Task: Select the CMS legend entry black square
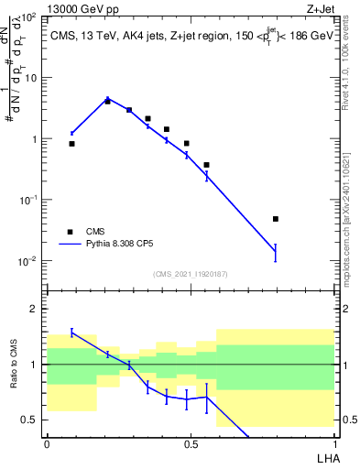(70, 232)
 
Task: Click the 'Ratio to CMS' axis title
(14, 364)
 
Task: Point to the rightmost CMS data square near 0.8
(276, 219)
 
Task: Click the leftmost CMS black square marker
(72, 144)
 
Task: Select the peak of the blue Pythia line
(107, 99)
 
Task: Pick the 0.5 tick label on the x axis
(191, 443)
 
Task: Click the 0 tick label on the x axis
(47, 443)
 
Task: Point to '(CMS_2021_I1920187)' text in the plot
(190, 273)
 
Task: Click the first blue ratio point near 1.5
(72, 333)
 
